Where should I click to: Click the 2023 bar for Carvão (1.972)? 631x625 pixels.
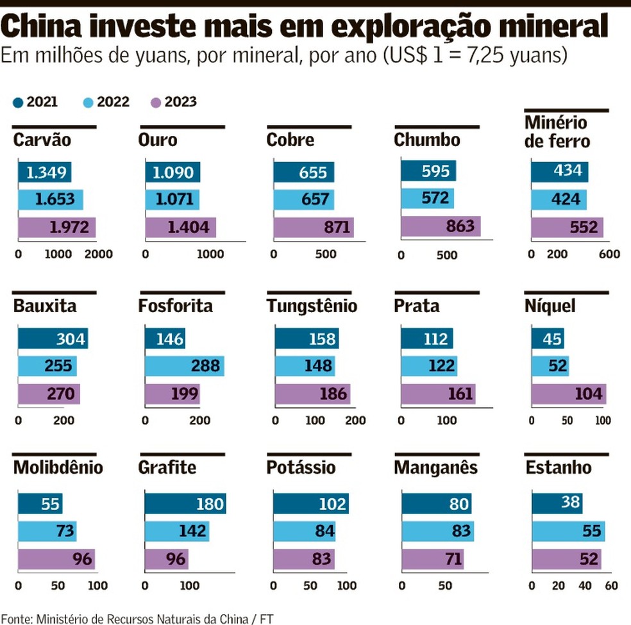pyautogui.click(x=56, y=228)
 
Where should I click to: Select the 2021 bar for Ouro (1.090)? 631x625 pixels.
pyautogui.click(x=172, y=172)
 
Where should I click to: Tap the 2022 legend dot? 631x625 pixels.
pyautogui.click(x=88, y=102)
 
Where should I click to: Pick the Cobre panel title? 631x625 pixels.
pyautogui.click(x=290, y=140)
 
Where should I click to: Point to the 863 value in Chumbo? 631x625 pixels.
pyautogui.click(x=459, y=226)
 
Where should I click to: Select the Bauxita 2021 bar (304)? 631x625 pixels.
pyautogui.click(x=53, y=338)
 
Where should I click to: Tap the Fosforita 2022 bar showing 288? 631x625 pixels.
pyautogui.click(x=184, y=366)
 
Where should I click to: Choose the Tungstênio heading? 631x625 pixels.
pyautogui.click(x=312, y=306)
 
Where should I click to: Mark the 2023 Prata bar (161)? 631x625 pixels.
pyautogui.click(x=438, y=393)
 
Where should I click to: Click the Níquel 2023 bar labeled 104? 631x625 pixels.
pyautogui.click(x=568, y=394)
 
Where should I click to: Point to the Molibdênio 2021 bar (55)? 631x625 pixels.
pyautogui.click(x=40, y=504)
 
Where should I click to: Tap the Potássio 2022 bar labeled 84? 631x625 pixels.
pyautogui.click(x=305, y=531)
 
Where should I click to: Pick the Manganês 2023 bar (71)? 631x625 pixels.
pyautogui.click(x=432, y=559)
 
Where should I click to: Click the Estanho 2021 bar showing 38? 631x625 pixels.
pyautogui.click(x=557, y=504)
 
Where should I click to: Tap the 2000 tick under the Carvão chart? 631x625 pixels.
pyautogui.click(x=98, y=254)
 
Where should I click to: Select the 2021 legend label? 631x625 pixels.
pyautogui.click(x=42, y=102)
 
